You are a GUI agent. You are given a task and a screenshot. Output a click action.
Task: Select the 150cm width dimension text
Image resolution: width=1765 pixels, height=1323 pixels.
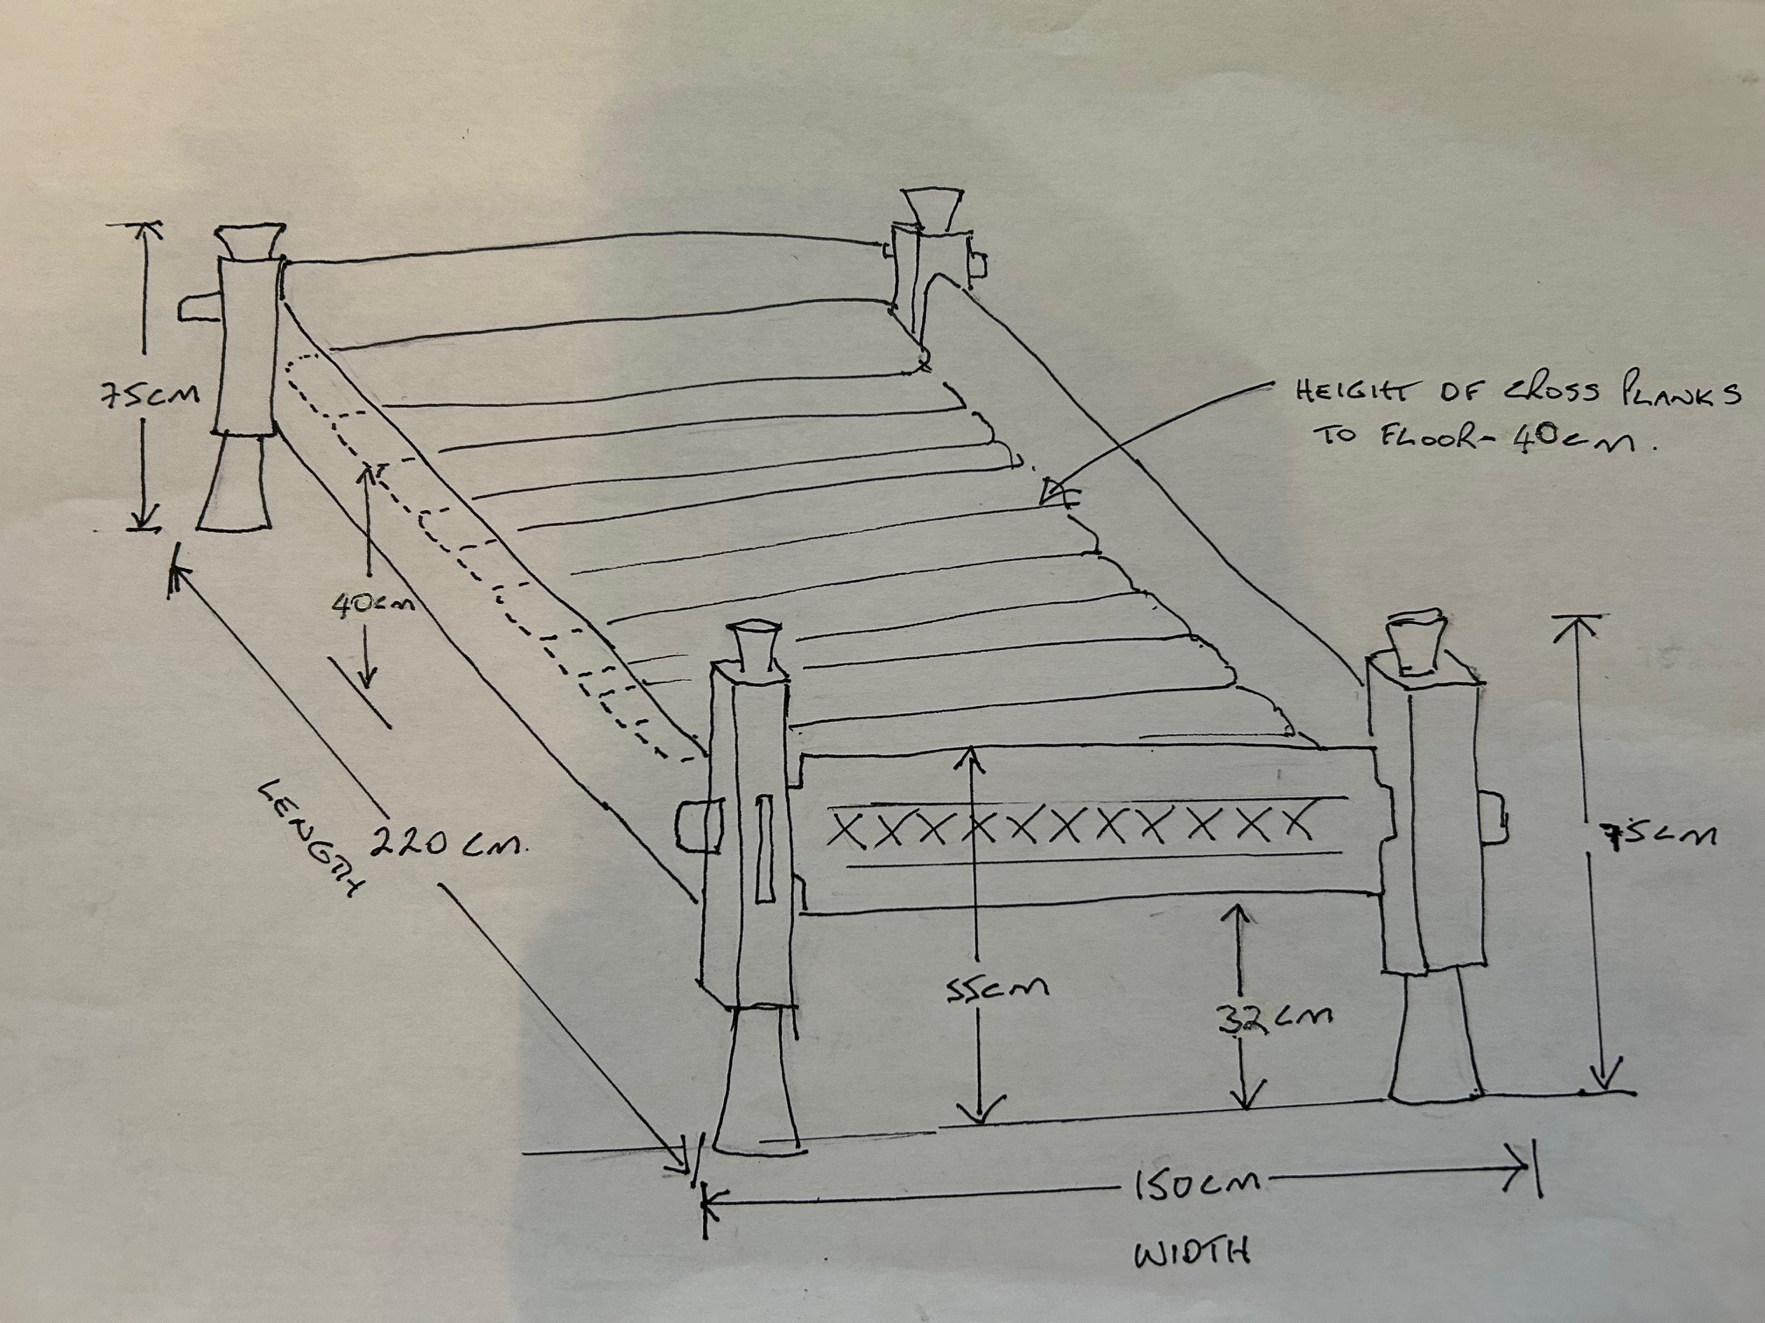point(1197,1186)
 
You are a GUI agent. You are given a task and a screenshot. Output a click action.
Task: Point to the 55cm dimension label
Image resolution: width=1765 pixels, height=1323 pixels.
point(997,988)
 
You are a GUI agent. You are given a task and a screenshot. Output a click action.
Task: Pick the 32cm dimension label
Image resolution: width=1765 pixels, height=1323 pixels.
point(1275,1018)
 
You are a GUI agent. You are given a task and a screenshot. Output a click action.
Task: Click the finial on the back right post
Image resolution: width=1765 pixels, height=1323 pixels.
point(929,210)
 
